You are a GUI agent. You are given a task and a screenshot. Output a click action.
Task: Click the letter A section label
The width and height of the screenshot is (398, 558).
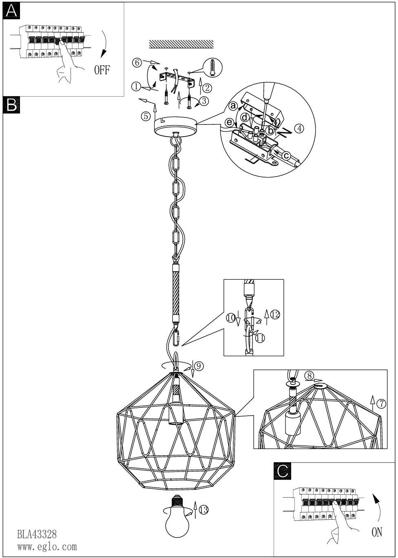[x=11, y=11]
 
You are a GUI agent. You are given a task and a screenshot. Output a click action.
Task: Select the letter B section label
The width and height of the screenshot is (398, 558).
[x=11, y=104]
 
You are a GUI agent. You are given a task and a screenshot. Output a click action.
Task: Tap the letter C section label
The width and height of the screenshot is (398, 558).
[x=283, y=471]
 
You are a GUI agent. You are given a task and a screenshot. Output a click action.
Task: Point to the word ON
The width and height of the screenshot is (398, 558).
[x=377, y=532]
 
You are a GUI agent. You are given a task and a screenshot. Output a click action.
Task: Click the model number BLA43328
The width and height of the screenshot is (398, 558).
[x=37, y=534]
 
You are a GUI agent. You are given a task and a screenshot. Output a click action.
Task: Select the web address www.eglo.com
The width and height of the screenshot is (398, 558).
[x=47, y=547]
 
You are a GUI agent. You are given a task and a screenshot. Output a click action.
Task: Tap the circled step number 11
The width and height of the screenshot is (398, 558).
[x=260, y=337]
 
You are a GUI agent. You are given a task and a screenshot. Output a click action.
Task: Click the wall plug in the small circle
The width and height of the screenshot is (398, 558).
[x=212, y=67]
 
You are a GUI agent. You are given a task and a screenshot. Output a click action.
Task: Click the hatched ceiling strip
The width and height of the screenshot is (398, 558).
[x=181, y=44]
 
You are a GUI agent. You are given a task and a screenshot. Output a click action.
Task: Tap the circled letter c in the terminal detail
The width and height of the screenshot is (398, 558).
[x=286, y=155]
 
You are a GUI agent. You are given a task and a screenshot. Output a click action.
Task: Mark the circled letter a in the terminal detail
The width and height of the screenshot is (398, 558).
[x=234, y=106]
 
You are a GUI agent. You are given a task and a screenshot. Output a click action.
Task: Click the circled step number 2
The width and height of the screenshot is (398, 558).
[x=207, y=87]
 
